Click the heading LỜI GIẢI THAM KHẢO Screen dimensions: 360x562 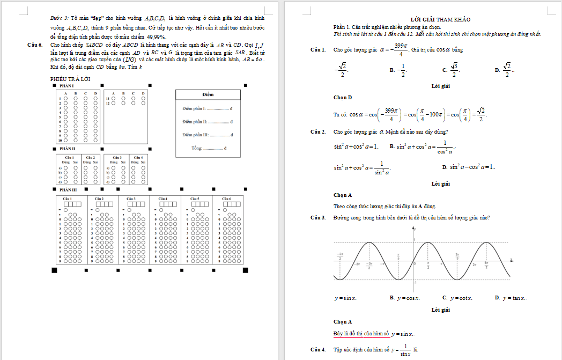coord(435,19)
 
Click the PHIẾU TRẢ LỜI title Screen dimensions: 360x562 coord(70,79)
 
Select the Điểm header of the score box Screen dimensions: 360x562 coord(208,94)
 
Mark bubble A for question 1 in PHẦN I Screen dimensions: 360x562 coord(65,99)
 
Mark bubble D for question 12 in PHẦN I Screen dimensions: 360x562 coord(143,103)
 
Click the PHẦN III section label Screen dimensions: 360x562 coord(68,189)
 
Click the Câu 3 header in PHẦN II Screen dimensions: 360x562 coord(117,157)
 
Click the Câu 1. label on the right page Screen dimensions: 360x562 coord(318,50)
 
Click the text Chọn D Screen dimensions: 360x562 coord(343,97)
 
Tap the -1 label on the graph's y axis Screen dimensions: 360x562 coord(415,282)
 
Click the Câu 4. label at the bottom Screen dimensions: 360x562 coord(318,350)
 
